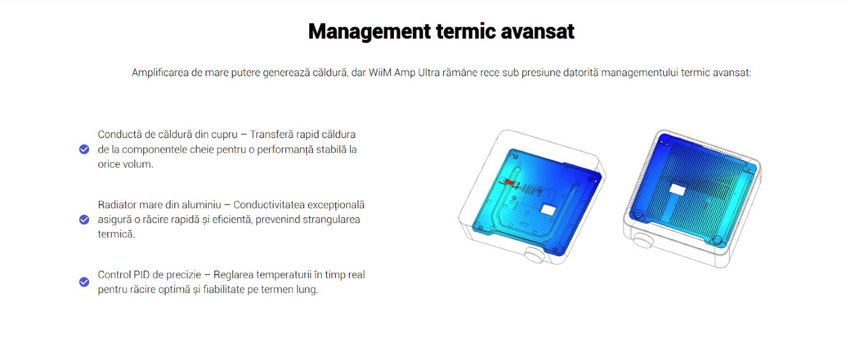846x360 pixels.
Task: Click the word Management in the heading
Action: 369,32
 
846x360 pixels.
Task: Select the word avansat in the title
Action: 537,31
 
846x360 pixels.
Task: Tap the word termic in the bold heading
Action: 465,31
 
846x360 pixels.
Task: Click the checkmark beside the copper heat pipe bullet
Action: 84,150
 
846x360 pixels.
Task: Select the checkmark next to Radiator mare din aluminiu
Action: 84,220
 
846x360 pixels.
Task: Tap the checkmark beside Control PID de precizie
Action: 84,282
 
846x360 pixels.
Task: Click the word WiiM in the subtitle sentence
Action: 380,73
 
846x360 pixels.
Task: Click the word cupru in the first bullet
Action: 224,135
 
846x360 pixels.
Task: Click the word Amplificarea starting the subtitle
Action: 160,73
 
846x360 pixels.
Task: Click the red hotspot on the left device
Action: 509,183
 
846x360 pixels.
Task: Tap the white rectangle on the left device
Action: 548,210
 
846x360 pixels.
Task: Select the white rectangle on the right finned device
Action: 677,189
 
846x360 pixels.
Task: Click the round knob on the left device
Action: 534,256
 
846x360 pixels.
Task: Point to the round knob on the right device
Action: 642,240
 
